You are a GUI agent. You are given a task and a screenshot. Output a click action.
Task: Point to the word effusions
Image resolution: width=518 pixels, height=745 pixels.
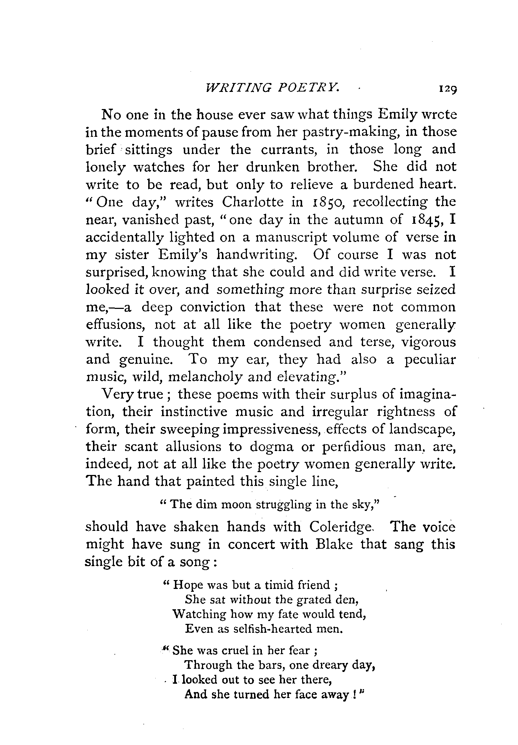(x=114, y=324)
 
